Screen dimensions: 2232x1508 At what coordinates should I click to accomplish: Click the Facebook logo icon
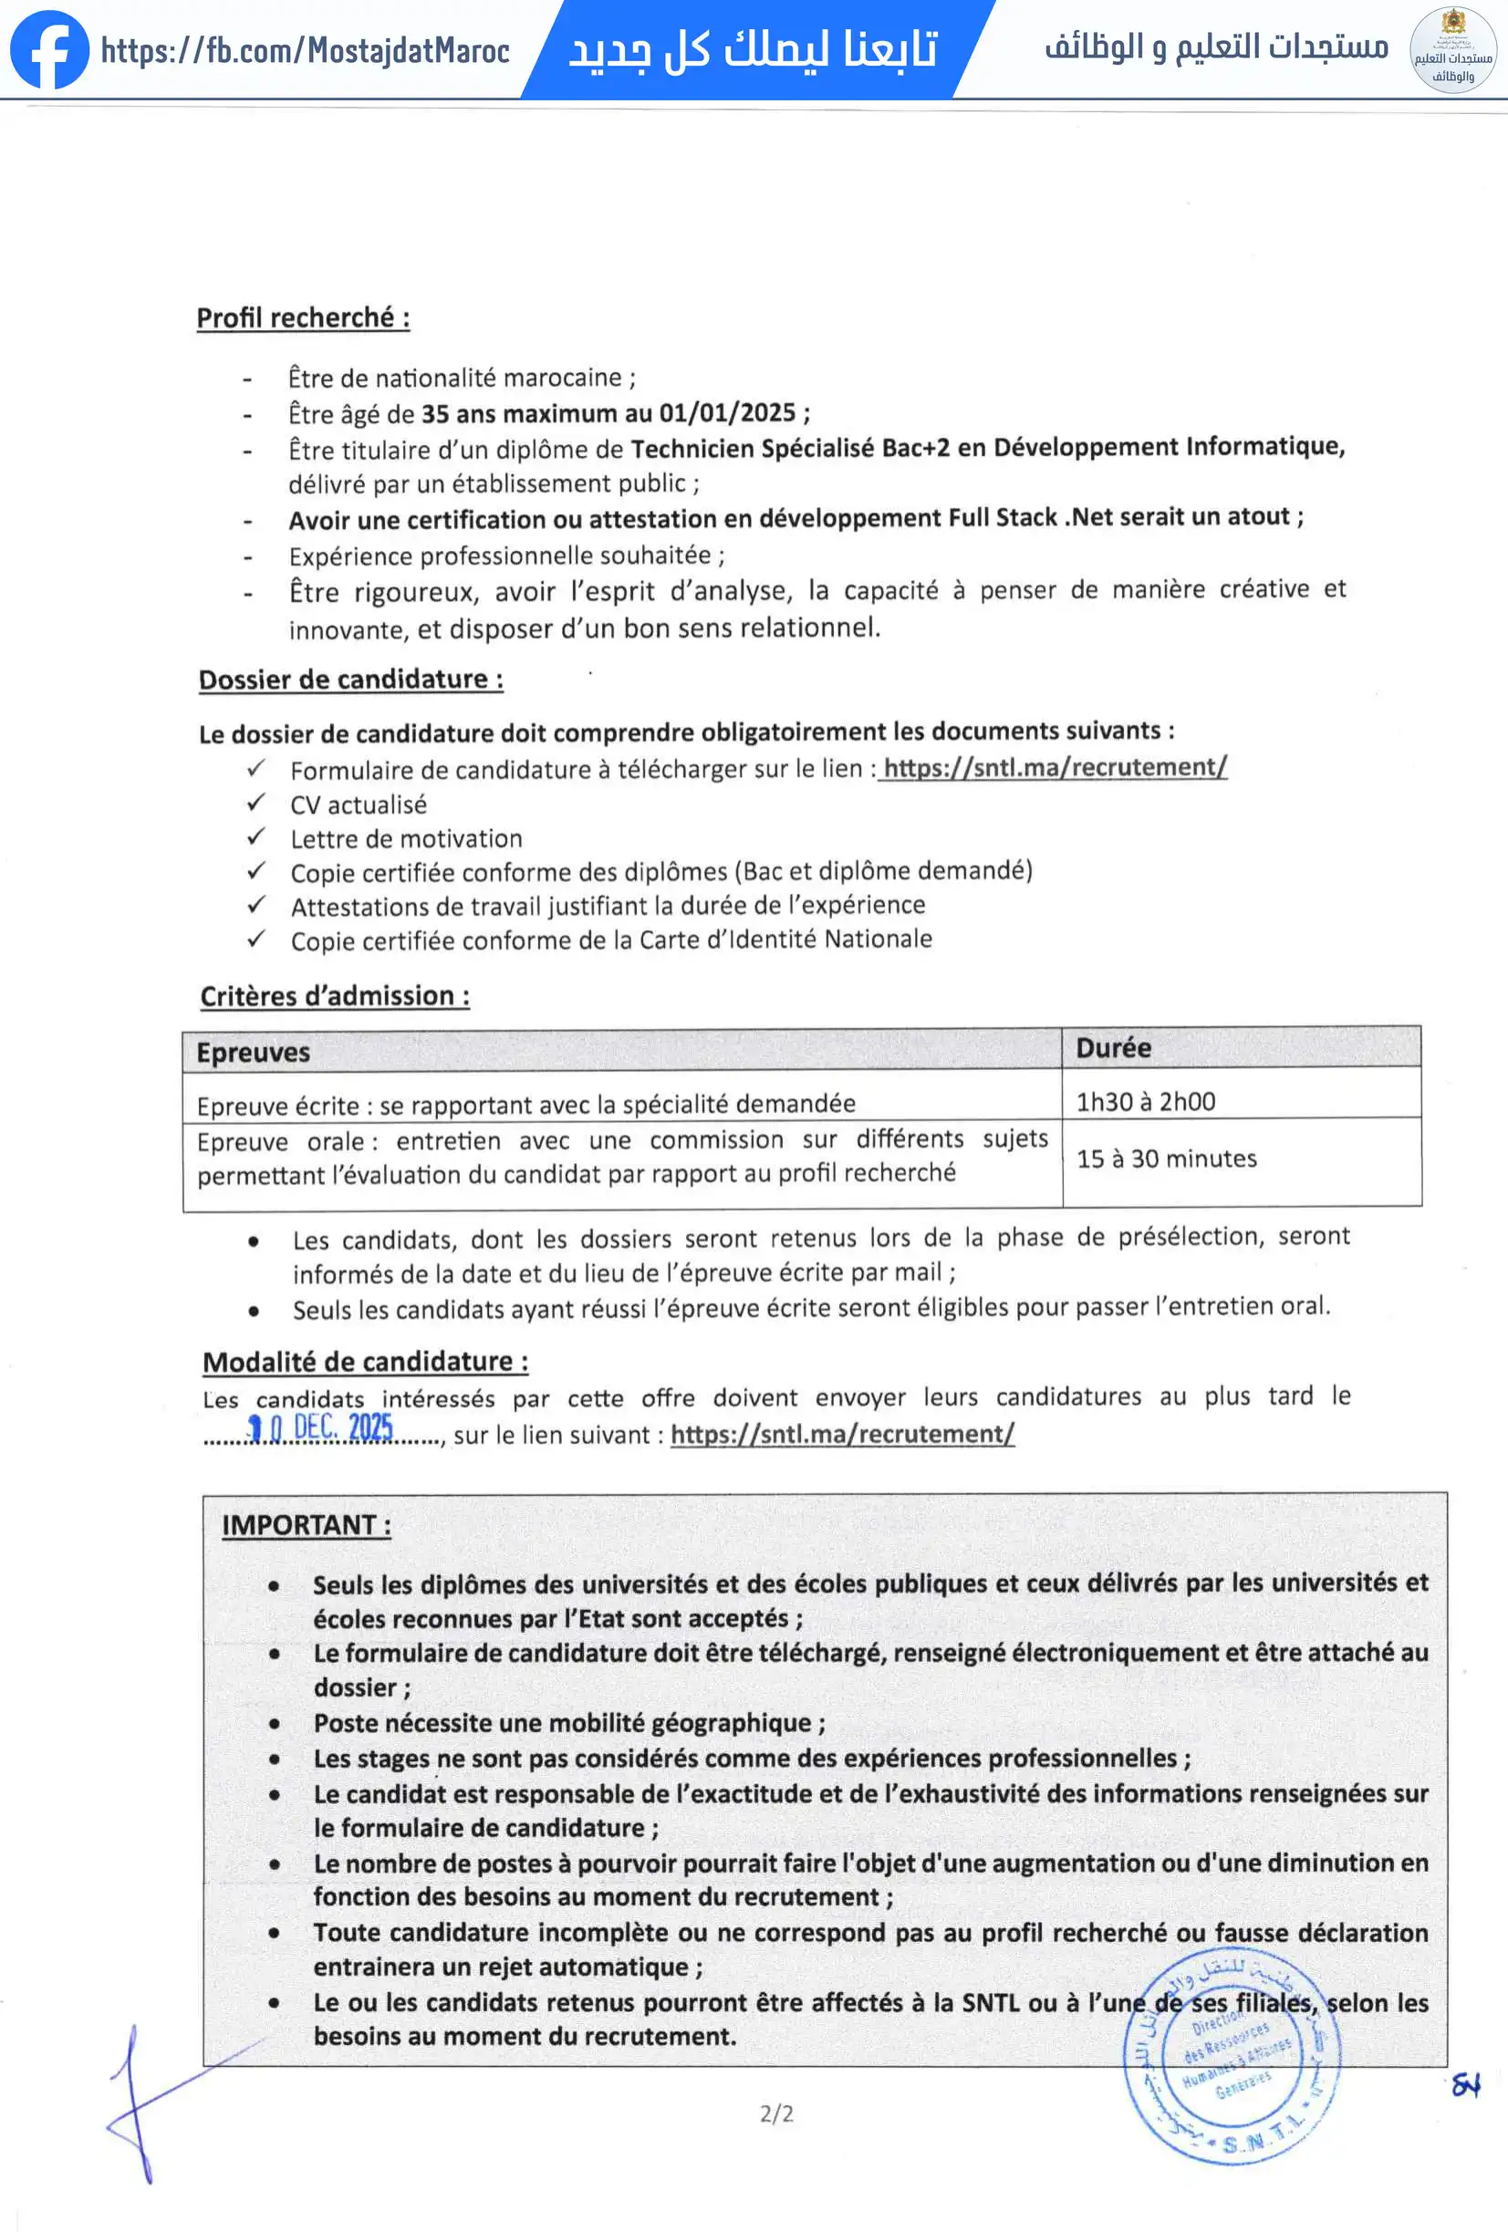click(49, 49)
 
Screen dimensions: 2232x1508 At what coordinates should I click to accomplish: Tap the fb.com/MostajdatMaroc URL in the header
click(305, 50)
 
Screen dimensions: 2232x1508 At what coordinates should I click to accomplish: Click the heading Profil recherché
click(303, 318)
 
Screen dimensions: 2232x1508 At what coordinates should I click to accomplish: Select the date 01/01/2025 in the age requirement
click(727, 413)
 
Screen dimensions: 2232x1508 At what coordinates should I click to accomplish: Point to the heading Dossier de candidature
click(350, 680)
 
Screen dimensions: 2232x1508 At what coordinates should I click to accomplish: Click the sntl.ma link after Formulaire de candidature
click(1054, 767)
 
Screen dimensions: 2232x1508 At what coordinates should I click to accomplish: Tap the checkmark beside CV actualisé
click(256, 803)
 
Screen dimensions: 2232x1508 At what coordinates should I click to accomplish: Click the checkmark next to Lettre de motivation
click(256, 837)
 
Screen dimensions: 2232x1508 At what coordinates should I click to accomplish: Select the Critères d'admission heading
click(334, 996)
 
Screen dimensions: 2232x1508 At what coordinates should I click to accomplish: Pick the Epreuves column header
click(254, 1053)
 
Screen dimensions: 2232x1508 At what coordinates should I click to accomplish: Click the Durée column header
click(1113, 1048)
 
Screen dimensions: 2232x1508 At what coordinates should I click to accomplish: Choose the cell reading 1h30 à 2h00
click(1145, 1102)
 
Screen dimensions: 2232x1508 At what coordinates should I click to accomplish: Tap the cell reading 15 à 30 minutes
click(1166, 1158)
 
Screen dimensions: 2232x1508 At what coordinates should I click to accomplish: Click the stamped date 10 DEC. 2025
click(321, 1428)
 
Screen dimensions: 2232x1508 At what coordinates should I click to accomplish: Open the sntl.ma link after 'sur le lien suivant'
click(841, 1434)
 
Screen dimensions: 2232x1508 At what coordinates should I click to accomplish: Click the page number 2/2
click(776, 2113)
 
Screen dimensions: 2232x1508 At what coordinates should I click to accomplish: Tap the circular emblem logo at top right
click(1452, 49)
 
